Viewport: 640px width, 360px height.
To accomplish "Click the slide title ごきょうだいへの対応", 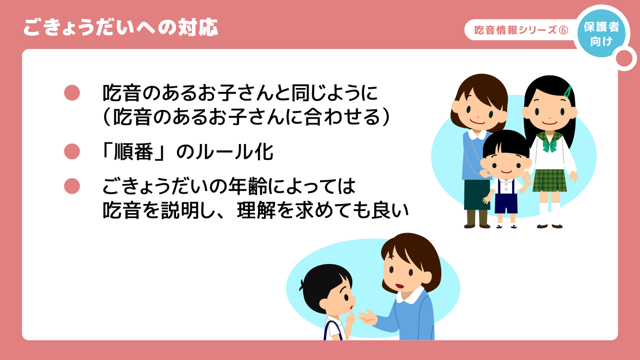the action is coord(120,28).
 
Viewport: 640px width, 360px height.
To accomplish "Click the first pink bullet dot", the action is coord(72,92).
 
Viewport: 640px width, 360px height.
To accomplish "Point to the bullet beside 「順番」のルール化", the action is coord(72,152).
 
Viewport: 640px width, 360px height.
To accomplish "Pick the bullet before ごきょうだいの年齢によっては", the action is coord(72,186).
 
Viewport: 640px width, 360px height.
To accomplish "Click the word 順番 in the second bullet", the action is coord(133,152).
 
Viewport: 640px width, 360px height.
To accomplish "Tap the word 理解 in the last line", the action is coord(256,211).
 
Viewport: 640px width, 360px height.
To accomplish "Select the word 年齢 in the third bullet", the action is coord(248,186).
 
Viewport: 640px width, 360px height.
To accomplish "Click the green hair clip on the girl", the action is coord(568,92).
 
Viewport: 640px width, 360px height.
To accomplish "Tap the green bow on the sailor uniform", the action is coord(550,146).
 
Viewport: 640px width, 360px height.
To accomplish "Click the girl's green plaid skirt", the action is coord(549,180).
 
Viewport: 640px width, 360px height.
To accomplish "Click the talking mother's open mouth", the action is coord(399,286).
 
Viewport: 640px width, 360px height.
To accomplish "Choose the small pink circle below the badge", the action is coord(624,59).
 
